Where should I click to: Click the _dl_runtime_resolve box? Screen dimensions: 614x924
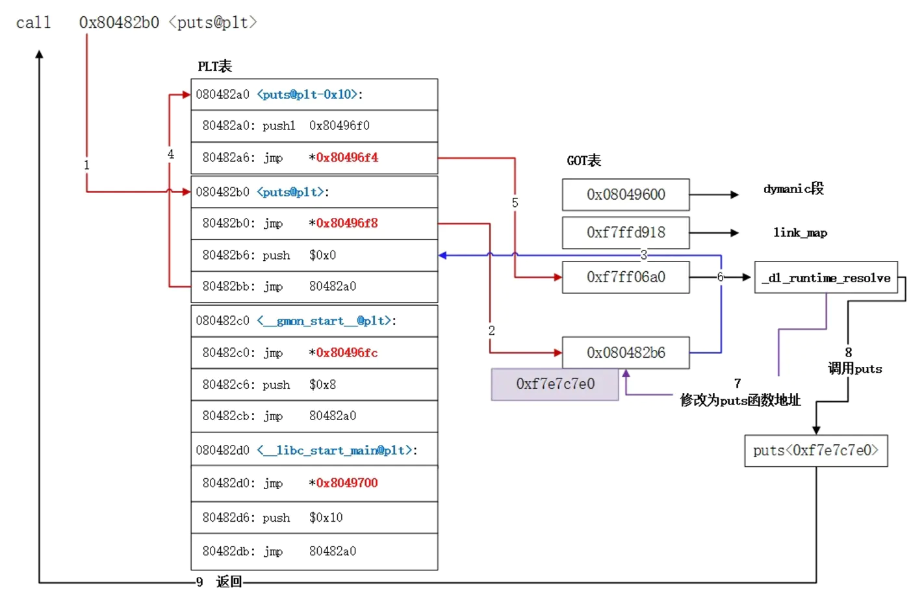point(825,278)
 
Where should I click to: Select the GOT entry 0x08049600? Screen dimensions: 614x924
point(625,194)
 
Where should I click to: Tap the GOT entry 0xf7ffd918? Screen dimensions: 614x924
point(625,233)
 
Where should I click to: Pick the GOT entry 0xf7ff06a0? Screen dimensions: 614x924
point(625,277)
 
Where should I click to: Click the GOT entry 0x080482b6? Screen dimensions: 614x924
point(625,353)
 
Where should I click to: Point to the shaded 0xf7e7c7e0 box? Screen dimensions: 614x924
point(555,384)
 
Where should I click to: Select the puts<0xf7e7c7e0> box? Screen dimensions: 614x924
point(815,451)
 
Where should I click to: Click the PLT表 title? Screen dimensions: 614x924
point(214,66)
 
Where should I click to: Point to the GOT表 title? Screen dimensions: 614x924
point(584,161)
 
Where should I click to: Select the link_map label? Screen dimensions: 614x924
point(800,233)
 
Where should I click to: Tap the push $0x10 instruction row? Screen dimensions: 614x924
point(314,518)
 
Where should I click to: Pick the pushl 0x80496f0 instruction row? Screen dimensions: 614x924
point(314,126)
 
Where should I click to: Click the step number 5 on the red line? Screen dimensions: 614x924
point(515,203)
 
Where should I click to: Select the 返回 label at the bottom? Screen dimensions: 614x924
point(229,582)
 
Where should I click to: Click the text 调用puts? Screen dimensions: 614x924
point(854,369)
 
